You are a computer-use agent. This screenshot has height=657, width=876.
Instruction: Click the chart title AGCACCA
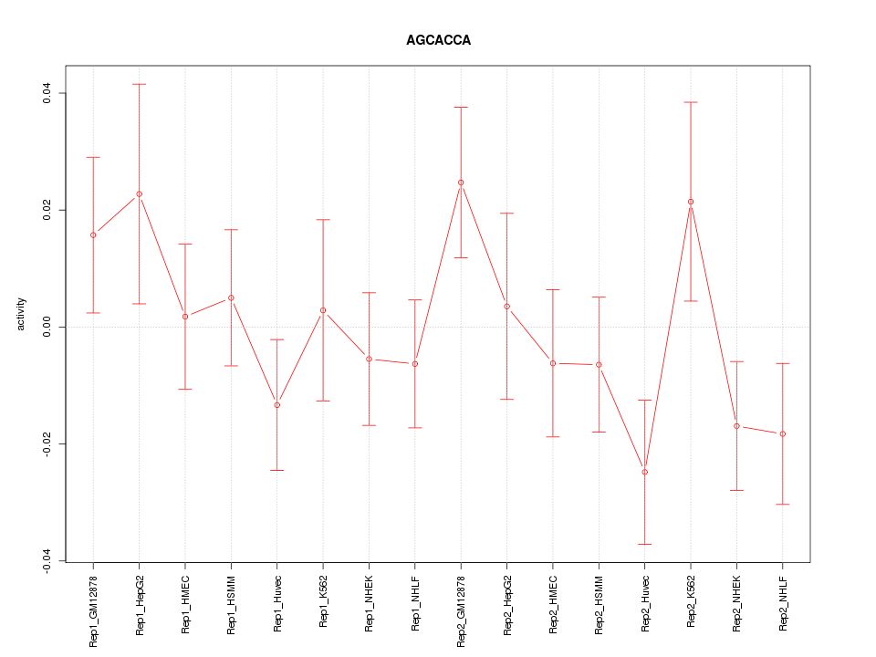click(438, 41)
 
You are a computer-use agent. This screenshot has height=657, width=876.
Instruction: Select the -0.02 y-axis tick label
click(47, 443)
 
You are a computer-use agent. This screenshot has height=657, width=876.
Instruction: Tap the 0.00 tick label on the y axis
click(47, 327)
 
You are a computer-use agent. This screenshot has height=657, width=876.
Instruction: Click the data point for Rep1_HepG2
click(140, 193)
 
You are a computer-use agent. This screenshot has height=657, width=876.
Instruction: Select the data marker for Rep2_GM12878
click(461, 182)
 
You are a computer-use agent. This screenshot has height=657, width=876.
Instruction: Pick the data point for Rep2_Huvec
click(645, 472)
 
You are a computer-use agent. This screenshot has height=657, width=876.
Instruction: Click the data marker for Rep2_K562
click(691, 202)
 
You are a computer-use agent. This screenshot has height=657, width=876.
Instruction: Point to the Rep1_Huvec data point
click(277, 405)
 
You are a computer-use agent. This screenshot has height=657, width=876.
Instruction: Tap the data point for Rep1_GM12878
click(93, 235)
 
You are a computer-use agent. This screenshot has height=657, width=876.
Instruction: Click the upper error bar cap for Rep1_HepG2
click(140, 84)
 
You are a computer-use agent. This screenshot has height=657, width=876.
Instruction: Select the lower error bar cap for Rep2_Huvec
click(645, 544)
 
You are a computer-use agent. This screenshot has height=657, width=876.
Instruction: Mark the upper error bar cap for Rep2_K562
click(691, 102)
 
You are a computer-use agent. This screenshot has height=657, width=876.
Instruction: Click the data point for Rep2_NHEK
click(737, 426)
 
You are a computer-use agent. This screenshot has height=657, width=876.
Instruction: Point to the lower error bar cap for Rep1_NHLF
click(415, 427)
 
